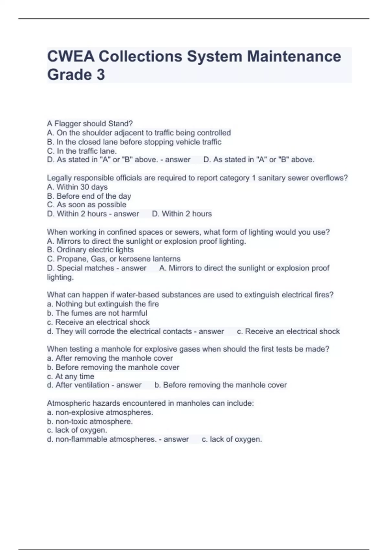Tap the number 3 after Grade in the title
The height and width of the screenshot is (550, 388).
click(101, 75)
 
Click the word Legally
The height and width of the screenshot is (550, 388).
click(59, 178)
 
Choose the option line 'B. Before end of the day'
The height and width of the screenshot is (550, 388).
click(89, 196)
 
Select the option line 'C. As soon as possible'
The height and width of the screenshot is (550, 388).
click(87, 205)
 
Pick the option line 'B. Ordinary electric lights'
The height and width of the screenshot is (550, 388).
click(90, 250)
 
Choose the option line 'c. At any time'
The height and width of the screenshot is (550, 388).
click(70, 376)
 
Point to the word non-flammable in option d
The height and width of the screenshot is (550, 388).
click(81, 439)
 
